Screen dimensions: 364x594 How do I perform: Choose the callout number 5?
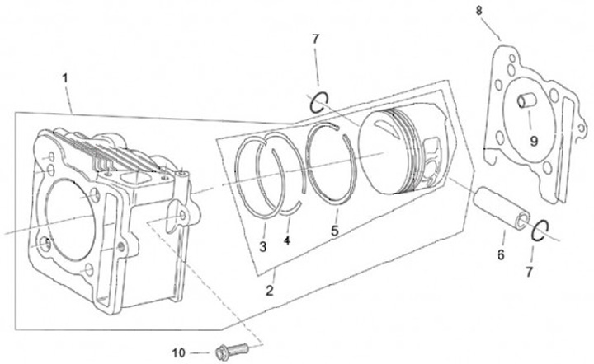334,231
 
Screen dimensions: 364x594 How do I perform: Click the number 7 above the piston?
315,40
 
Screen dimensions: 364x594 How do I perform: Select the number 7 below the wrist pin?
530,271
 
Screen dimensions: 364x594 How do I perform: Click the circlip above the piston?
320,103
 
